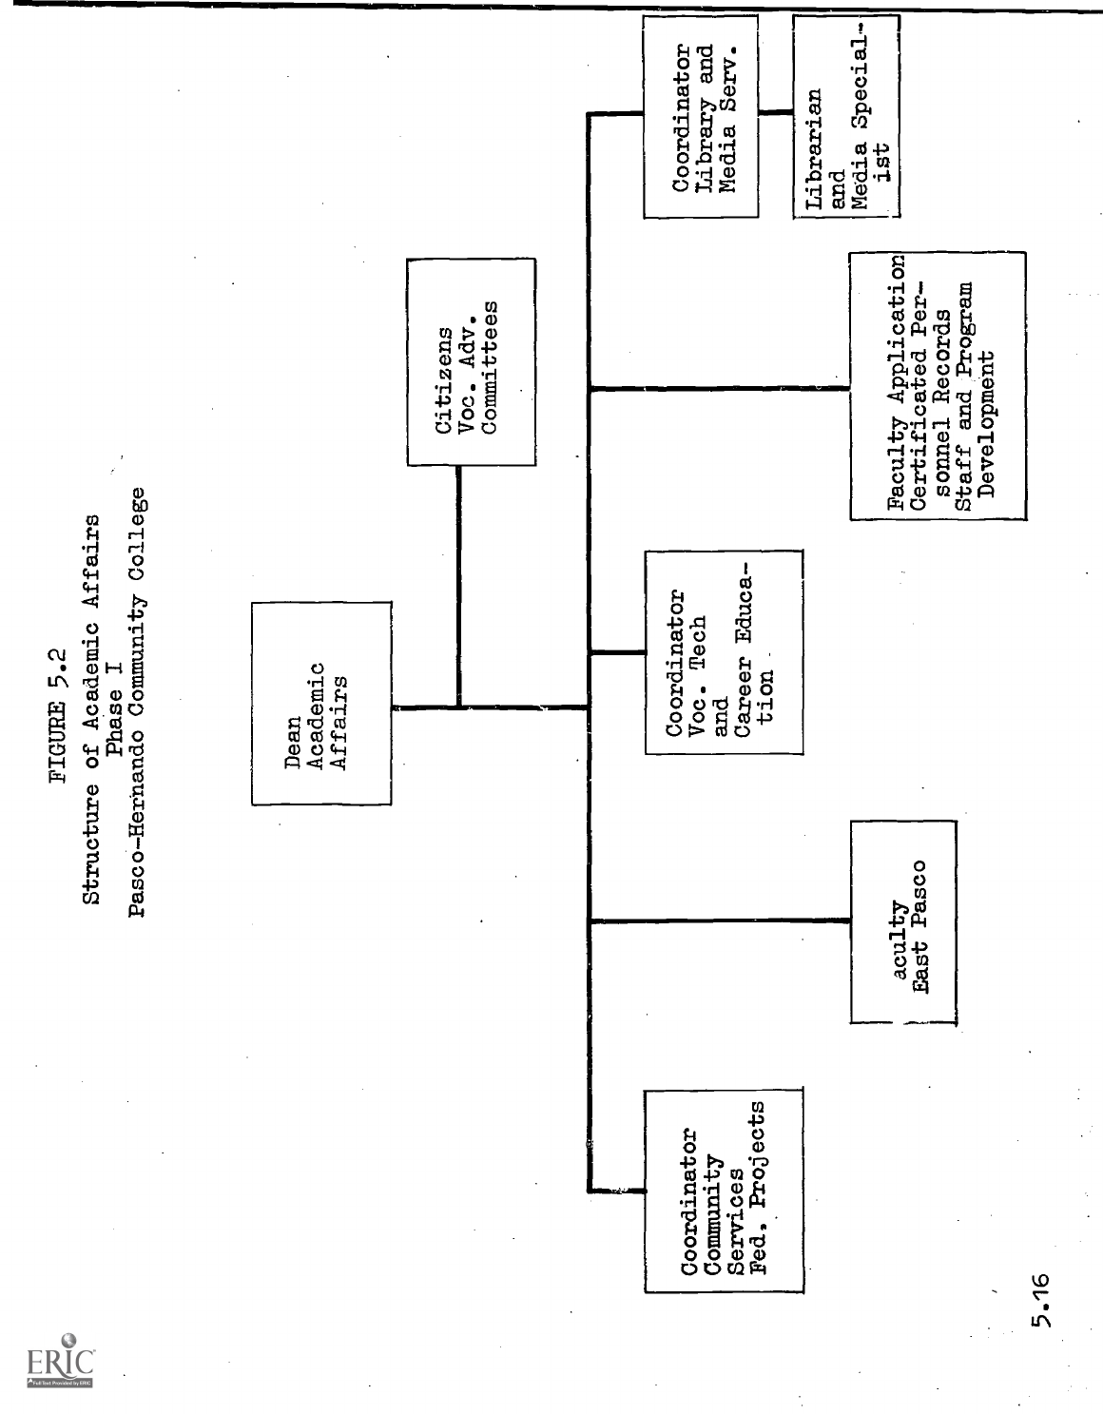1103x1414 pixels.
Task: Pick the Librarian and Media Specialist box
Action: pos(845,116)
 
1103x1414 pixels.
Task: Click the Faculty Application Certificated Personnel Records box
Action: pos(938,385)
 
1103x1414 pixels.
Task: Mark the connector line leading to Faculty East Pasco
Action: pos(720,920)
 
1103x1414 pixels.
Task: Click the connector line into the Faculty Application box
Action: pos(720,387)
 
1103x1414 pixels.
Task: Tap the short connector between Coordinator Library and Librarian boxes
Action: pos(776,115)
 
